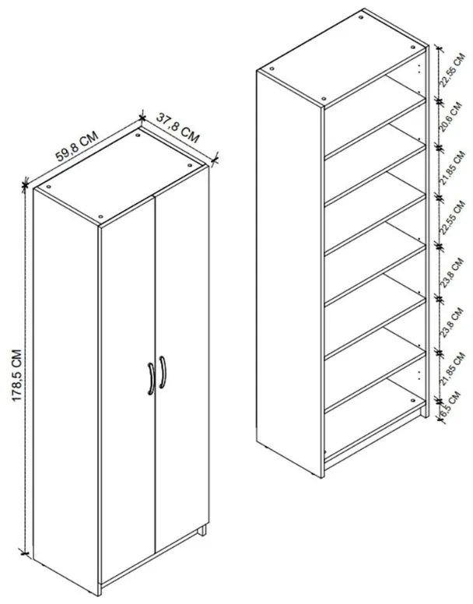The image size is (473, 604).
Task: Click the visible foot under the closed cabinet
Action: (x=203, y=532)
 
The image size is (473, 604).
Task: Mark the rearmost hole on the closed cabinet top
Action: (x=138, y=135)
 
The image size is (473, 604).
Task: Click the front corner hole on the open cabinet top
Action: (x=324, y=99)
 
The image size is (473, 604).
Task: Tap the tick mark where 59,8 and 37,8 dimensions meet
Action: (x=142, y=118)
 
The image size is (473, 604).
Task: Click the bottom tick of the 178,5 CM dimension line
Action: (x=26, y=553)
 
